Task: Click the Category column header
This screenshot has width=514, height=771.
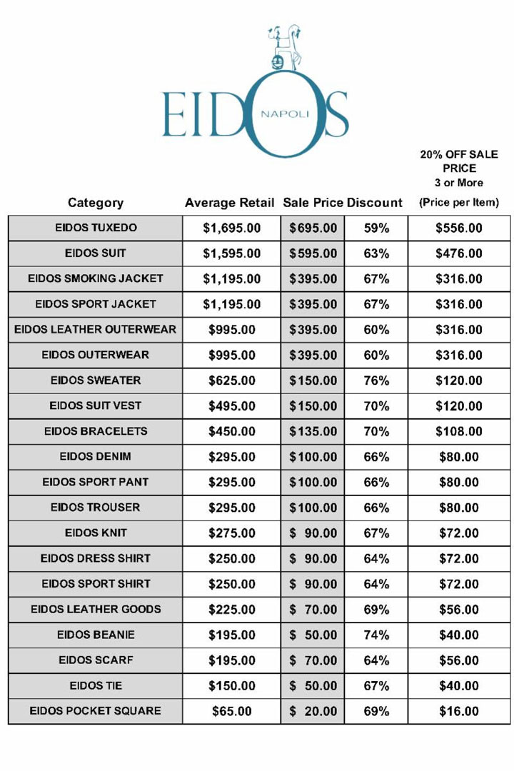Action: tap(96, 203)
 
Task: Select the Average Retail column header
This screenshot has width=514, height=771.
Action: tap(229, 203)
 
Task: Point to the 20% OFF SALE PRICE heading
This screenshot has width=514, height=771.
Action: tap(459, 161)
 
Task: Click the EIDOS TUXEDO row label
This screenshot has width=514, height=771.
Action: tap(96, 228)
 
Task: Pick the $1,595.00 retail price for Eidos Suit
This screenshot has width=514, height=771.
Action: tap(231, 253)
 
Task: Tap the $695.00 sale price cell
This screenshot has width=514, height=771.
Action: tap(313, 228)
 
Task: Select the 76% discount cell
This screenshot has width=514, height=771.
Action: tap(376, 381)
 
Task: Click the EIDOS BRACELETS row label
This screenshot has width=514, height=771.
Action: tap(96, 431)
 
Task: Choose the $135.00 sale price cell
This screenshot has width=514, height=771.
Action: tap(313, 431)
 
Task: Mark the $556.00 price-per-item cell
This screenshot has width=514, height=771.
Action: tap(459, 228)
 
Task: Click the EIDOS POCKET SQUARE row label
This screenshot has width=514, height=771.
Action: tap(96, 711)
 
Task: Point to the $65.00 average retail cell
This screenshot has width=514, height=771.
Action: tap(231, 711)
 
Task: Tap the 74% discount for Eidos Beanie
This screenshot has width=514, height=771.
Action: tap(376, 635)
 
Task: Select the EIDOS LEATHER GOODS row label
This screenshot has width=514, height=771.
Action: tap(96, 609)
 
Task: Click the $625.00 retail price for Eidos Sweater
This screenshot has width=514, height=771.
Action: tap(231, 381)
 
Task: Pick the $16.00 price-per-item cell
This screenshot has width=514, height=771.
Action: tap(459, 711)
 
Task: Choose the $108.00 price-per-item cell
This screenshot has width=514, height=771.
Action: tap(459, 431)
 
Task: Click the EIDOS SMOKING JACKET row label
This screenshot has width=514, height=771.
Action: tap(96, 278)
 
